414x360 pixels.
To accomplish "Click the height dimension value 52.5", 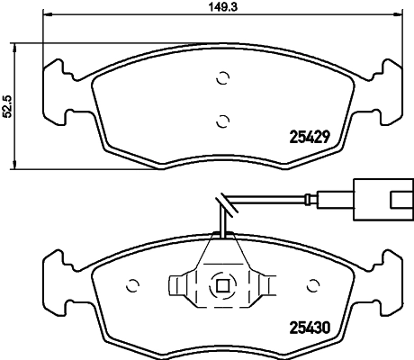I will (8, 106).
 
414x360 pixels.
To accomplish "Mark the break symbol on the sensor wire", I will (221, 206).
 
